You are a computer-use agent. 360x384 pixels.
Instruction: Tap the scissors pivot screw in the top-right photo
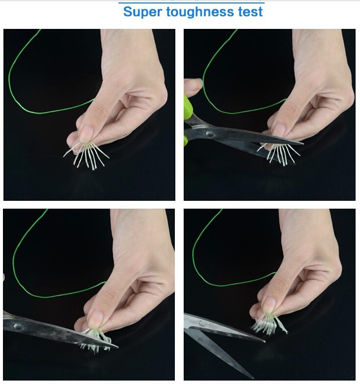(209, 134)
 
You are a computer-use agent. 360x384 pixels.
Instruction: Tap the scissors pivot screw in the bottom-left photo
(17, 326)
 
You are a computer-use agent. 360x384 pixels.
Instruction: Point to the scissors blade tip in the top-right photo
(303, 143)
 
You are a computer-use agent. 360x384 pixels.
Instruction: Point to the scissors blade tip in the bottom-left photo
(118, 346)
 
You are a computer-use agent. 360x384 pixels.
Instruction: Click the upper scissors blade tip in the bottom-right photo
(264, 341)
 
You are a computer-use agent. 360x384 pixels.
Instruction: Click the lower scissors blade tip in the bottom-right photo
(253, 378)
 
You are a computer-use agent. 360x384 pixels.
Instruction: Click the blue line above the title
(191, 3)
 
